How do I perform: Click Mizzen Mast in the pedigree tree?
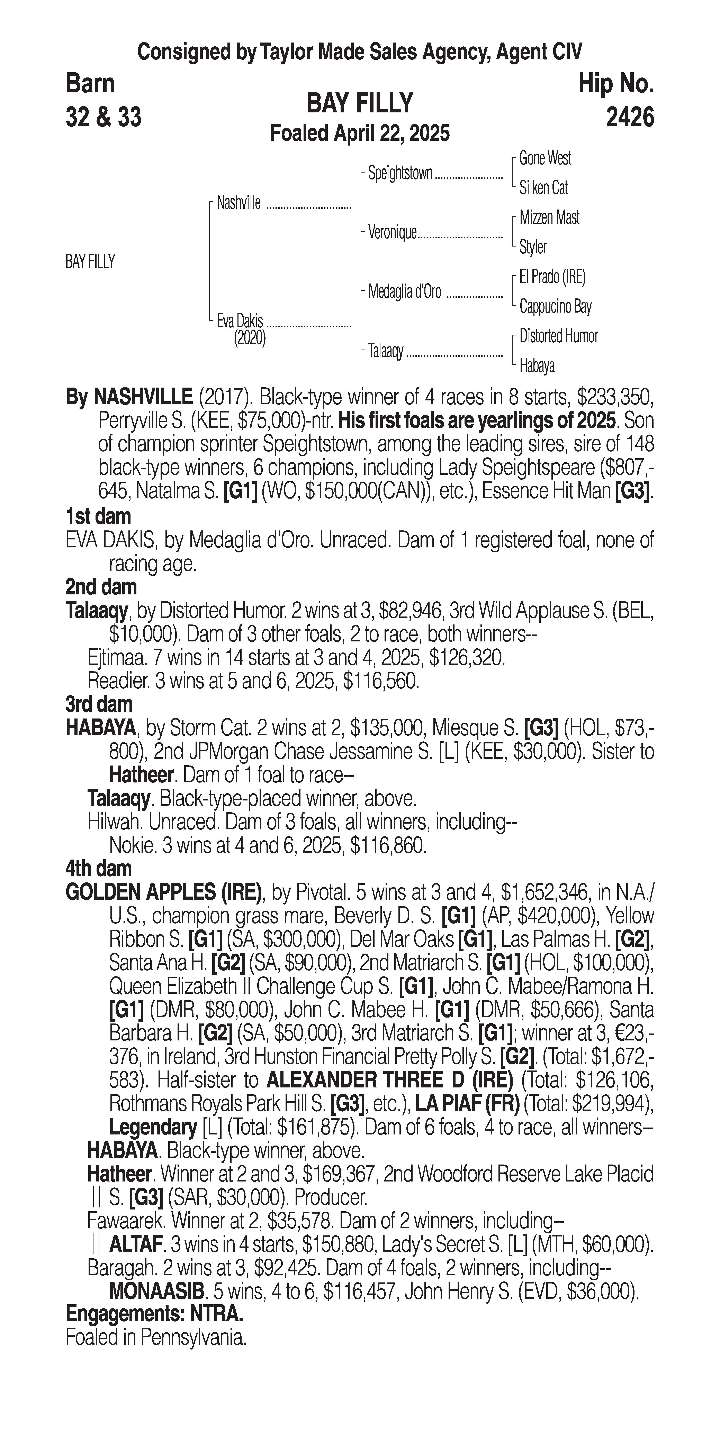tap(549, 217)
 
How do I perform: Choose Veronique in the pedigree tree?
tap(392, 233)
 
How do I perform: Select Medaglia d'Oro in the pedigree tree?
tap(405, 292)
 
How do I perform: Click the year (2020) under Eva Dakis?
tap(250, 338)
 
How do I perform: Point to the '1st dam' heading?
tap(98, 516)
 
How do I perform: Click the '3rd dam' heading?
tap(99, 704)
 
